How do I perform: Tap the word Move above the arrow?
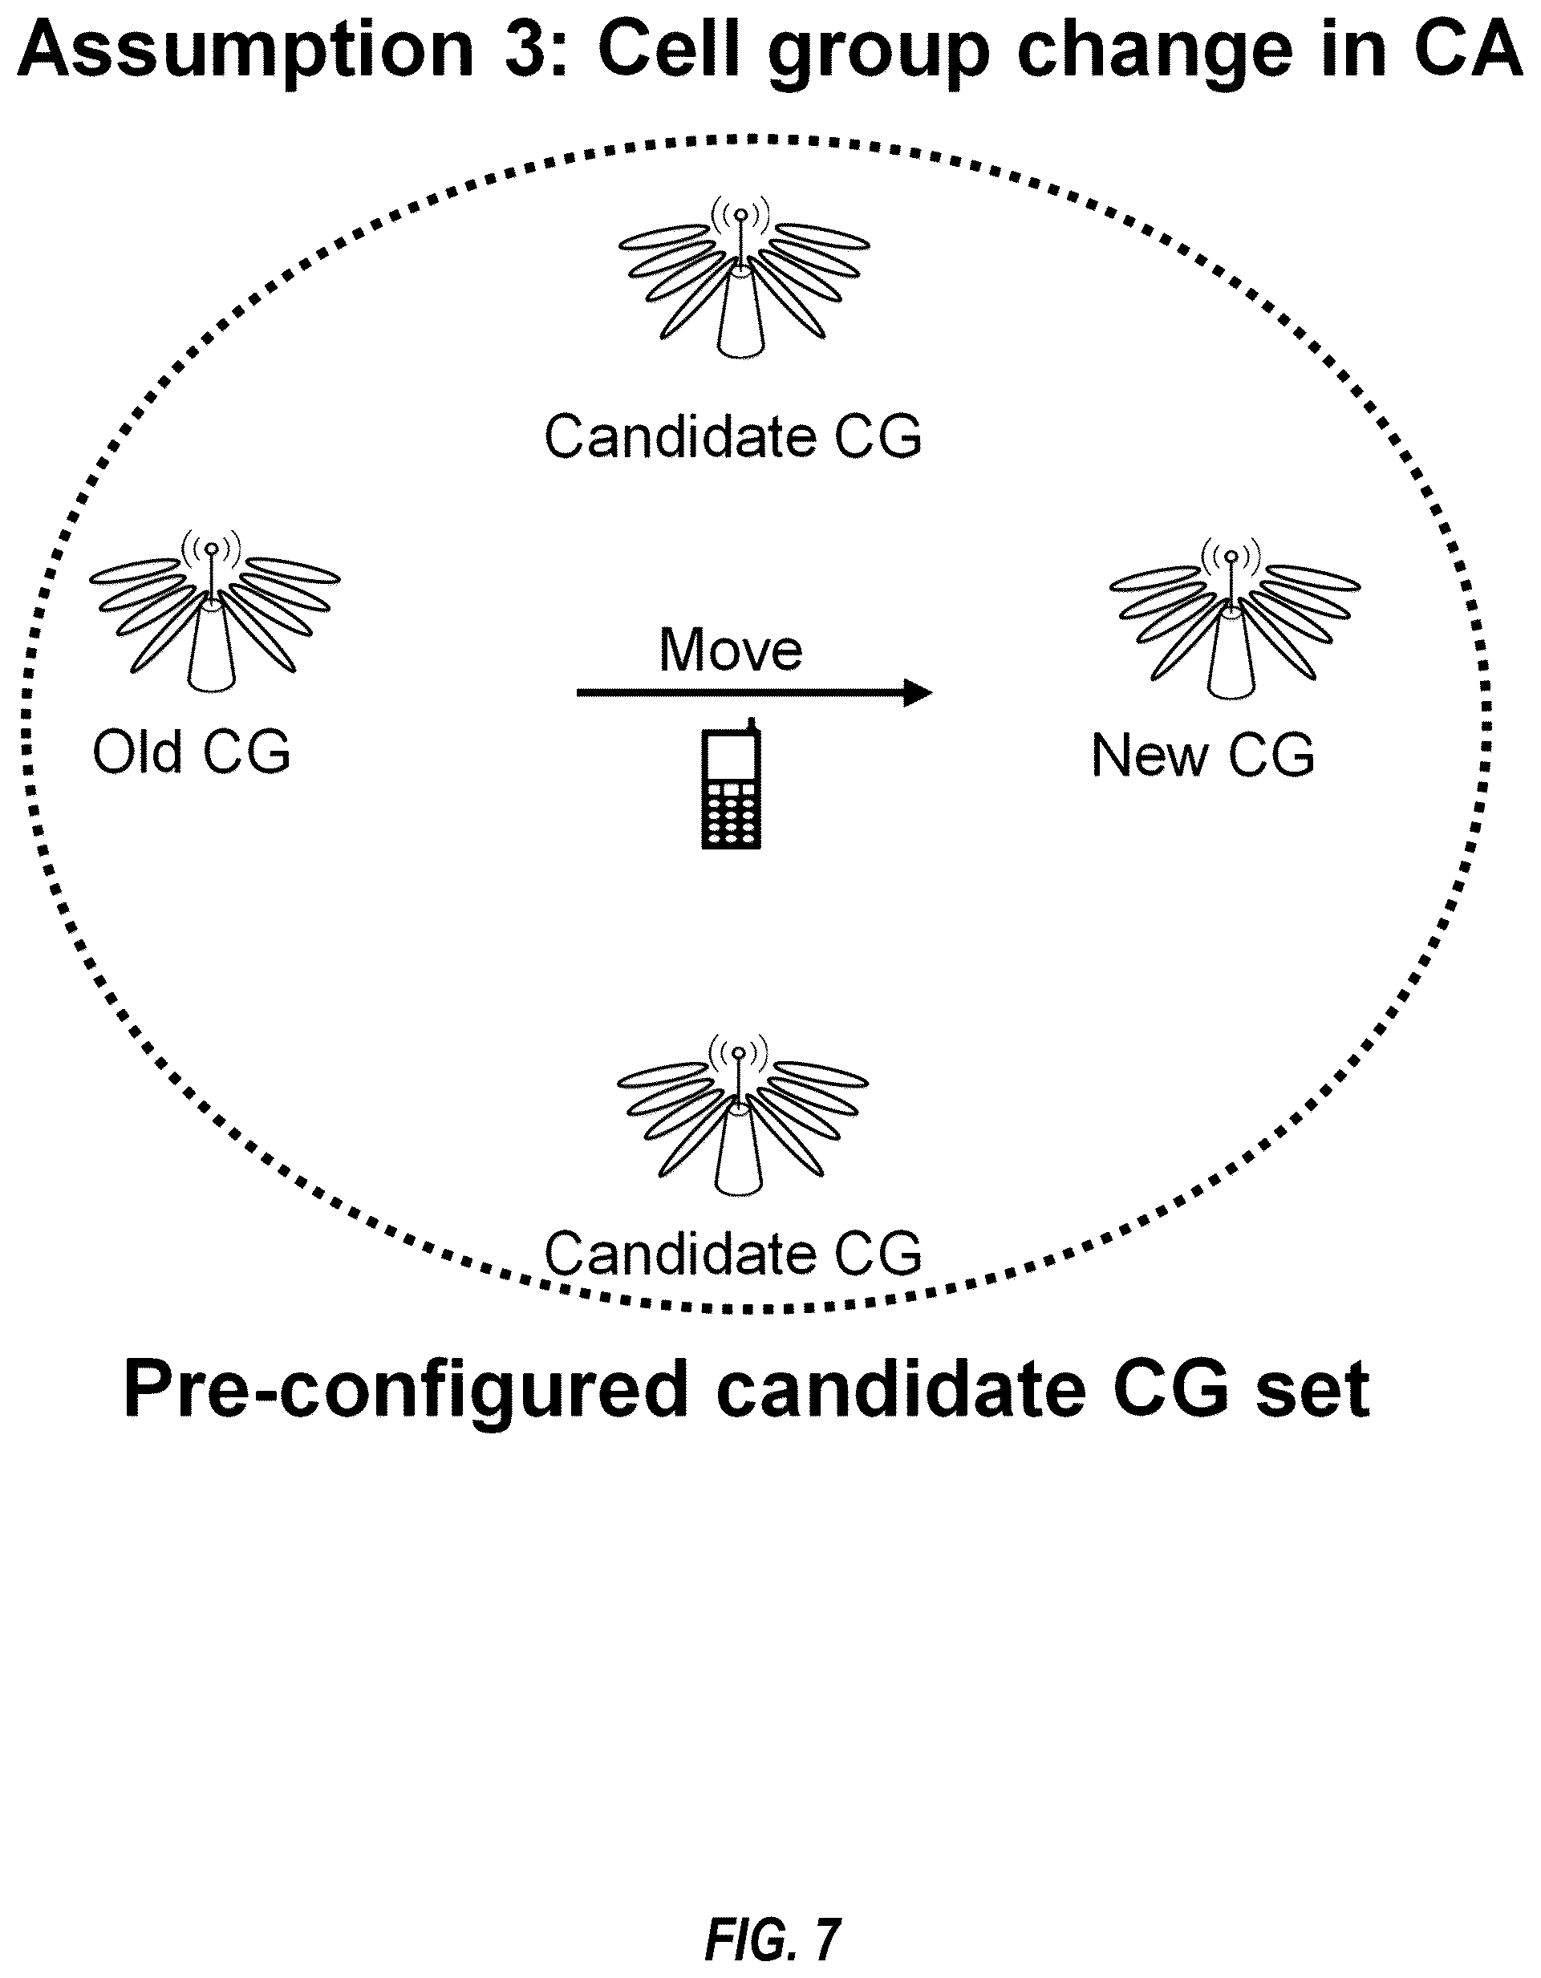click(x=730, y=650)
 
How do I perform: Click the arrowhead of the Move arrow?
click(x=918, y=693)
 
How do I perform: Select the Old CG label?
click(x=191, y=752)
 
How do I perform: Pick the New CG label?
click(x=1202, y=756)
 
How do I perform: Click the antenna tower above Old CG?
click(x=213, y=612)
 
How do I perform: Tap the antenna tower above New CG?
click(x=1233, y=619)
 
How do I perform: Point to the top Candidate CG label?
click(x=732, y=436)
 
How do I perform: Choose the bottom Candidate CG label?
click(x=732, y=1254)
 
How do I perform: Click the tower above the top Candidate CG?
click(x=743, y=278)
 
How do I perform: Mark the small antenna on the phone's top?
click(x=751, y=724)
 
